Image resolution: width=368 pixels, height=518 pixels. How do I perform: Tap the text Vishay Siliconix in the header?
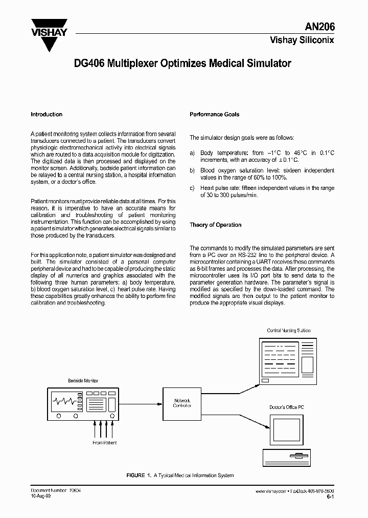[x=302, y=40]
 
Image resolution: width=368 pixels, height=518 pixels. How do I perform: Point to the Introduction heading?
[x=47, y=115]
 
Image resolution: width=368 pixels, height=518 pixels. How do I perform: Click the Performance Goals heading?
[x=214, y=115]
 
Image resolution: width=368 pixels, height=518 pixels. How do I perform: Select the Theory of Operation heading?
[x=215, y=225]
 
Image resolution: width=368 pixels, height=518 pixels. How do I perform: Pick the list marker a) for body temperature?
[x=192, y=153]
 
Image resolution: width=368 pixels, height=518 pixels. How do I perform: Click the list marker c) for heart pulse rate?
[x=192, y=188]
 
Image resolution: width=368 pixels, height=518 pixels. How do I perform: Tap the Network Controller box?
[x=182, y=403]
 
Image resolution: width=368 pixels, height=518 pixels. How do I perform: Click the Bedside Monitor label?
[x=83, y=381]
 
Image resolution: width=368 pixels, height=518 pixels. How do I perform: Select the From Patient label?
[x=104, y=443]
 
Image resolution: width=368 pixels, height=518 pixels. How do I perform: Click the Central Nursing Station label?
[x=288, y=331]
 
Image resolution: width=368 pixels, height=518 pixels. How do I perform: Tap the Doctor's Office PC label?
[x=286, y=407]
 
